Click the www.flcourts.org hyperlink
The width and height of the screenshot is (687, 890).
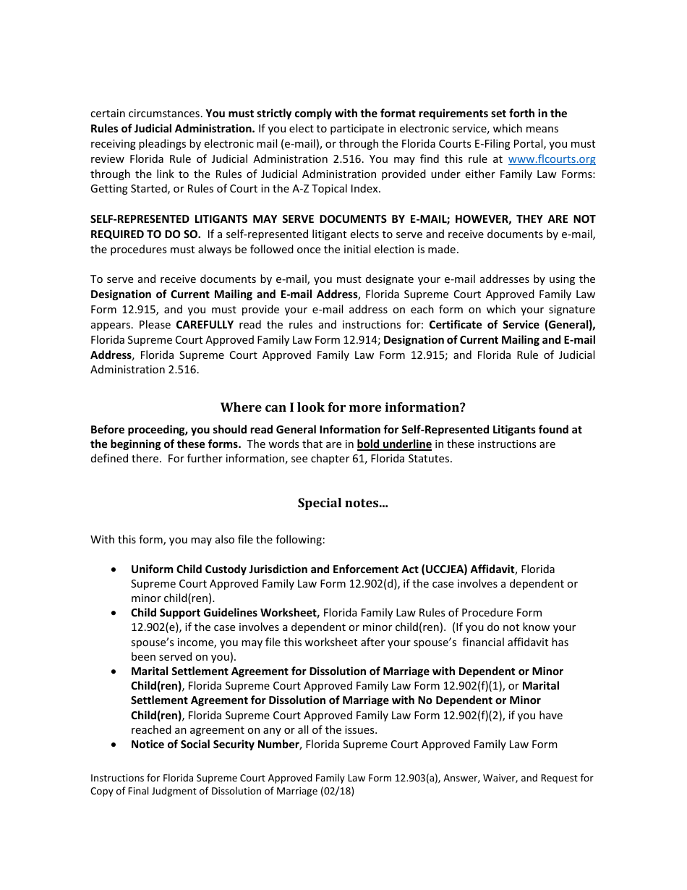[x=552, y=159]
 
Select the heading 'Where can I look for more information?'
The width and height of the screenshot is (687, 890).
[x=343, y=407]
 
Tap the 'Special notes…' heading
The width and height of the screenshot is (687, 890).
[x=343, y=503]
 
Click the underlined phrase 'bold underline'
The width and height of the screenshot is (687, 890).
[x=394, y=444]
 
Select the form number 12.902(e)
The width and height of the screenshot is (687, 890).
[x=155, y=627]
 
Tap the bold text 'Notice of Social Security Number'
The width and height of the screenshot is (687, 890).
[x=215, y=745]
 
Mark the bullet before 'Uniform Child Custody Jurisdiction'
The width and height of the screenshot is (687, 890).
[x=114, y=569]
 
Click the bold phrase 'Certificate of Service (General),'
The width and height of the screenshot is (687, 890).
[x=512, y=325]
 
